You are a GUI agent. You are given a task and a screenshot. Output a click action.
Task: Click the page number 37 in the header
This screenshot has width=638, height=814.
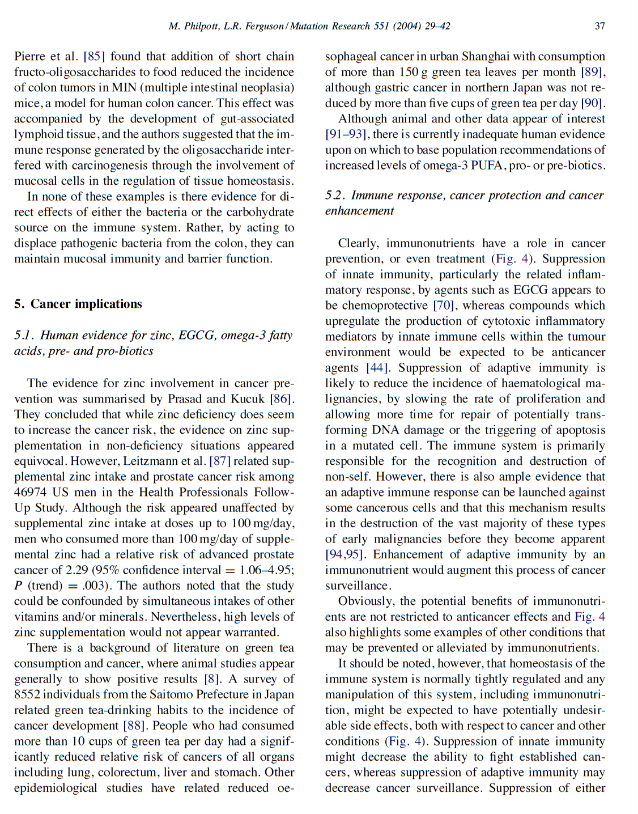(x=599, y=26)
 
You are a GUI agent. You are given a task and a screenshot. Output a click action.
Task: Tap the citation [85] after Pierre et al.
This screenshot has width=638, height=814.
(x=94, y=57)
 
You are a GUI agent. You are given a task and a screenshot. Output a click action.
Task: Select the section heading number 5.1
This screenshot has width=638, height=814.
(x=24, y=336)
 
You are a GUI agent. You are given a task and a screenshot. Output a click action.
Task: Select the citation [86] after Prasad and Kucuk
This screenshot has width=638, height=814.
(x=282, y=399)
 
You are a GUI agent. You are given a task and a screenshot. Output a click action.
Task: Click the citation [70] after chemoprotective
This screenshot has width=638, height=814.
(x=444, y=306)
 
